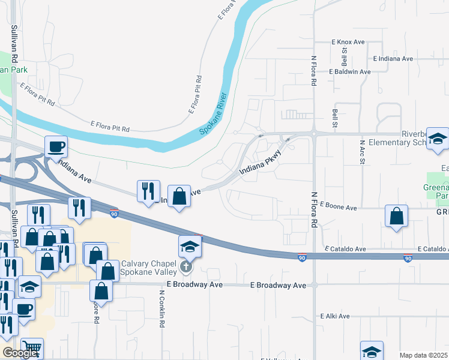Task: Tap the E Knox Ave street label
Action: point(348,42)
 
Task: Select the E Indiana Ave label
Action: point(393,59)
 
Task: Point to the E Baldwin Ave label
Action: point(349,71)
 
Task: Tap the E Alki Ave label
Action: point(335,316)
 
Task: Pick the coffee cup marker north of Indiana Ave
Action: point(56,146)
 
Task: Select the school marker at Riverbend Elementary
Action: point(438,140)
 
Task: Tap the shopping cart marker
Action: point(32,348)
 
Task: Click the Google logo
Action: point(20,353)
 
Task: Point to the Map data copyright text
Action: point(423,355)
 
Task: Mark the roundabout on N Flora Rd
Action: point(313,133)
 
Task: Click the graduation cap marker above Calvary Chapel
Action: point(189,246)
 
